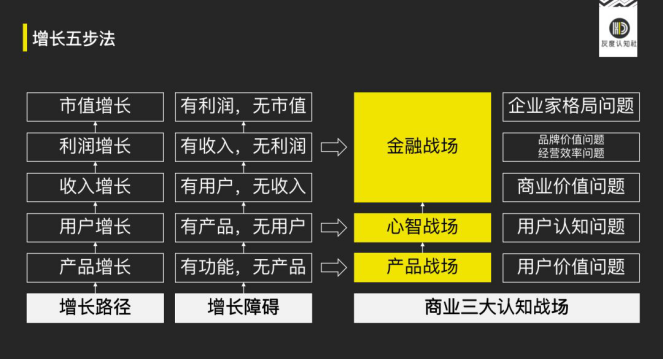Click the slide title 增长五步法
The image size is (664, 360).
click(73, 39)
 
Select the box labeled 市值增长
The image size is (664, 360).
click(95, 106)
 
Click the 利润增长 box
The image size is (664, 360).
click(95, 146)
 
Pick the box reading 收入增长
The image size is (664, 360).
click(95, 186)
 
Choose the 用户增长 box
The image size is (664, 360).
click(95, 226)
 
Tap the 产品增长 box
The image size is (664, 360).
click(95, 266)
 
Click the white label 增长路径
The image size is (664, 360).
click(95, 307)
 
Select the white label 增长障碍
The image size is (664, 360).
click(243, 307)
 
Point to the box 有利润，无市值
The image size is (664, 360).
click(243, 106)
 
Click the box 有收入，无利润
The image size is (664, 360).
click(243, 146)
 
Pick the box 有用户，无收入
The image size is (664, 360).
click(243, 186)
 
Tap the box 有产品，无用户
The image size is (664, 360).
click(243, 226)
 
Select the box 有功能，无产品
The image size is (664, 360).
click(243, 266)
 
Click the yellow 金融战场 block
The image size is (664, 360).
click(422, 146)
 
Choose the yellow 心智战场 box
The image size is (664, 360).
click(422, 226)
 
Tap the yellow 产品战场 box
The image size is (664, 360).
click(422, 266)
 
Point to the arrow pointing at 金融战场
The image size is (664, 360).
click(334, 147)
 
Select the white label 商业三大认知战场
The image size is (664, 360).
click(496, 307)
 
